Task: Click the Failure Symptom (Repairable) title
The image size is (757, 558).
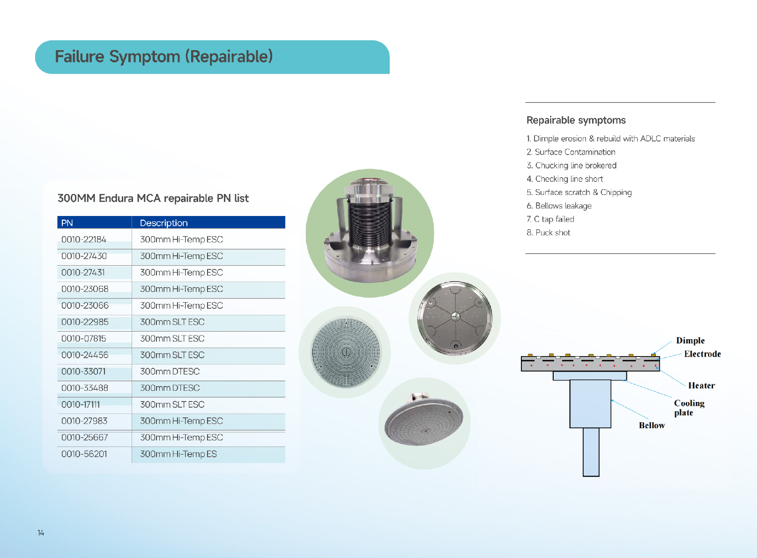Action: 163,56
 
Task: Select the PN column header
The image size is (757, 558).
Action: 67,223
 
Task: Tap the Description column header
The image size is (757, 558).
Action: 163,223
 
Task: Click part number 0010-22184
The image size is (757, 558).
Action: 84,239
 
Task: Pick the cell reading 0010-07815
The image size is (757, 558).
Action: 83,338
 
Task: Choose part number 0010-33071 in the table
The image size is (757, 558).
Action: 83,372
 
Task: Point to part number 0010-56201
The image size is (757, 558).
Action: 84,454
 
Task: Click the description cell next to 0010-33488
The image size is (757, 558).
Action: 170,387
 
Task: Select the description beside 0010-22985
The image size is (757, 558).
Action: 172,322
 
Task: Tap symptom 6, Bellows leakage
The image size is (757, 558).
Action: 559,206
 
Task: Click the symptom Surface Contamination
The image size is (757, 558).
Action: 571,152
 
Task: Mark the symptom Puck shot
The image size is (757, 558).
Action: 548,232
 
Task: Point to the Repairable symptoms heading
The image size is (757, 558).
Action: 576,120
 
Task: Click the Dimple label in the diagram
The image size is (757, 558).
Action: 690,340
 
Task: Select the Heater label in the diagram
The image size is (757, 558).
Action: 701,385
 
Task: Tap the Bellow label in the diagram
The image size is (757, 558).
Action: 652,425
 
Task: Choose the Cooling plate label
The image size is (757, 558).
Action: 689,408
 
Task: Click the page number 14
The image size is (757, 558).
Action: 41,533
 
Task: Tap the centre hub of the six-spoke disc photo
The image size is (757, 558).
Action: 455,317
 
